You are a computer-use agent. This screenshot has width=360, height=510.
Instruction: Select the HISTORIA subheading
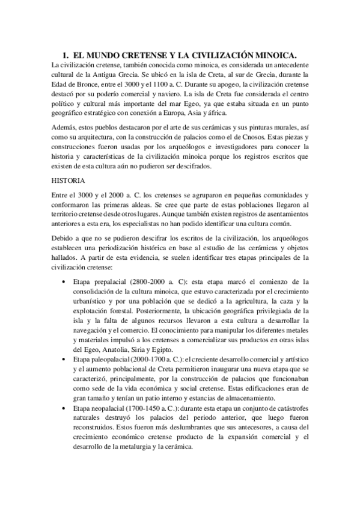(x=69, y=180)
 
